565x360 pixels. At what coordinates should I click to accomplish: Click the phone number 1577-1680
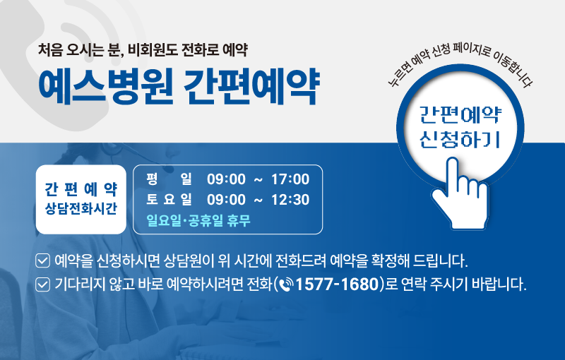[337, 284]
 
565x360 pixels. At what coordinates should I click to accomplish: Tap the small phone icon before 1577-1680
[287, 284]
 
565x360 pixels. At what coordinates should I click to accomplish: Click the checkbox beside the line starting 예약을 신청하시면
[42, 260]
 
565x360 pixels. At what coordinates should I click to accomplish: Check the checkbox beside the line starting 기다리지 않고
[42, 284]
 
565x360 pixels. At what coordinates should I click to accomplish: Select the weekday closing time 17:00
[290, 179]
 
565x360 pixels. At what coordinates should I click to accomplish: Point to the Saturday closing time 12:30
[290, 200]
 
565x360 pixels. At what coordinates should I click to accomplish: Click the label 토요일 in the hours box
[169, 199]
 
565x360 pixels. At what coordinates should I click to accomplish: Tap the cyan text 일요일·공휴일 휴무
[198, 220]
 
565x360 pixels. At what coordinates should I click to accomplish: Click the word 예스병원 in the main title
[105, 86]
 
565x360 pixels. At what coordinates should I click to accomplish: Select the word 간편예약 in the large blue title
[251, 86]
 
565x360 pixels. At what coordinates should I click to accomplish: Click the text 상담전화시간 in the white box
[81, 208]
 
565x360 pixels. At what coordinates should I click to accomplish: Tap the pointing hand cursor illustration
[460, 193]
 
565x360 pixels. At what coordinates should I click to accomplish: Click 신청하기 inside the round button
[460, 139]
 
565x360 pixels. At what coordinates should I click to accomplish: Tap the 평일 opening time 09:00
[226, 179]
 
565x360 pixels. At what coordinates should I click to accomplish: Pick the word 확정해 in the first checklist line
[390, 260]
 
